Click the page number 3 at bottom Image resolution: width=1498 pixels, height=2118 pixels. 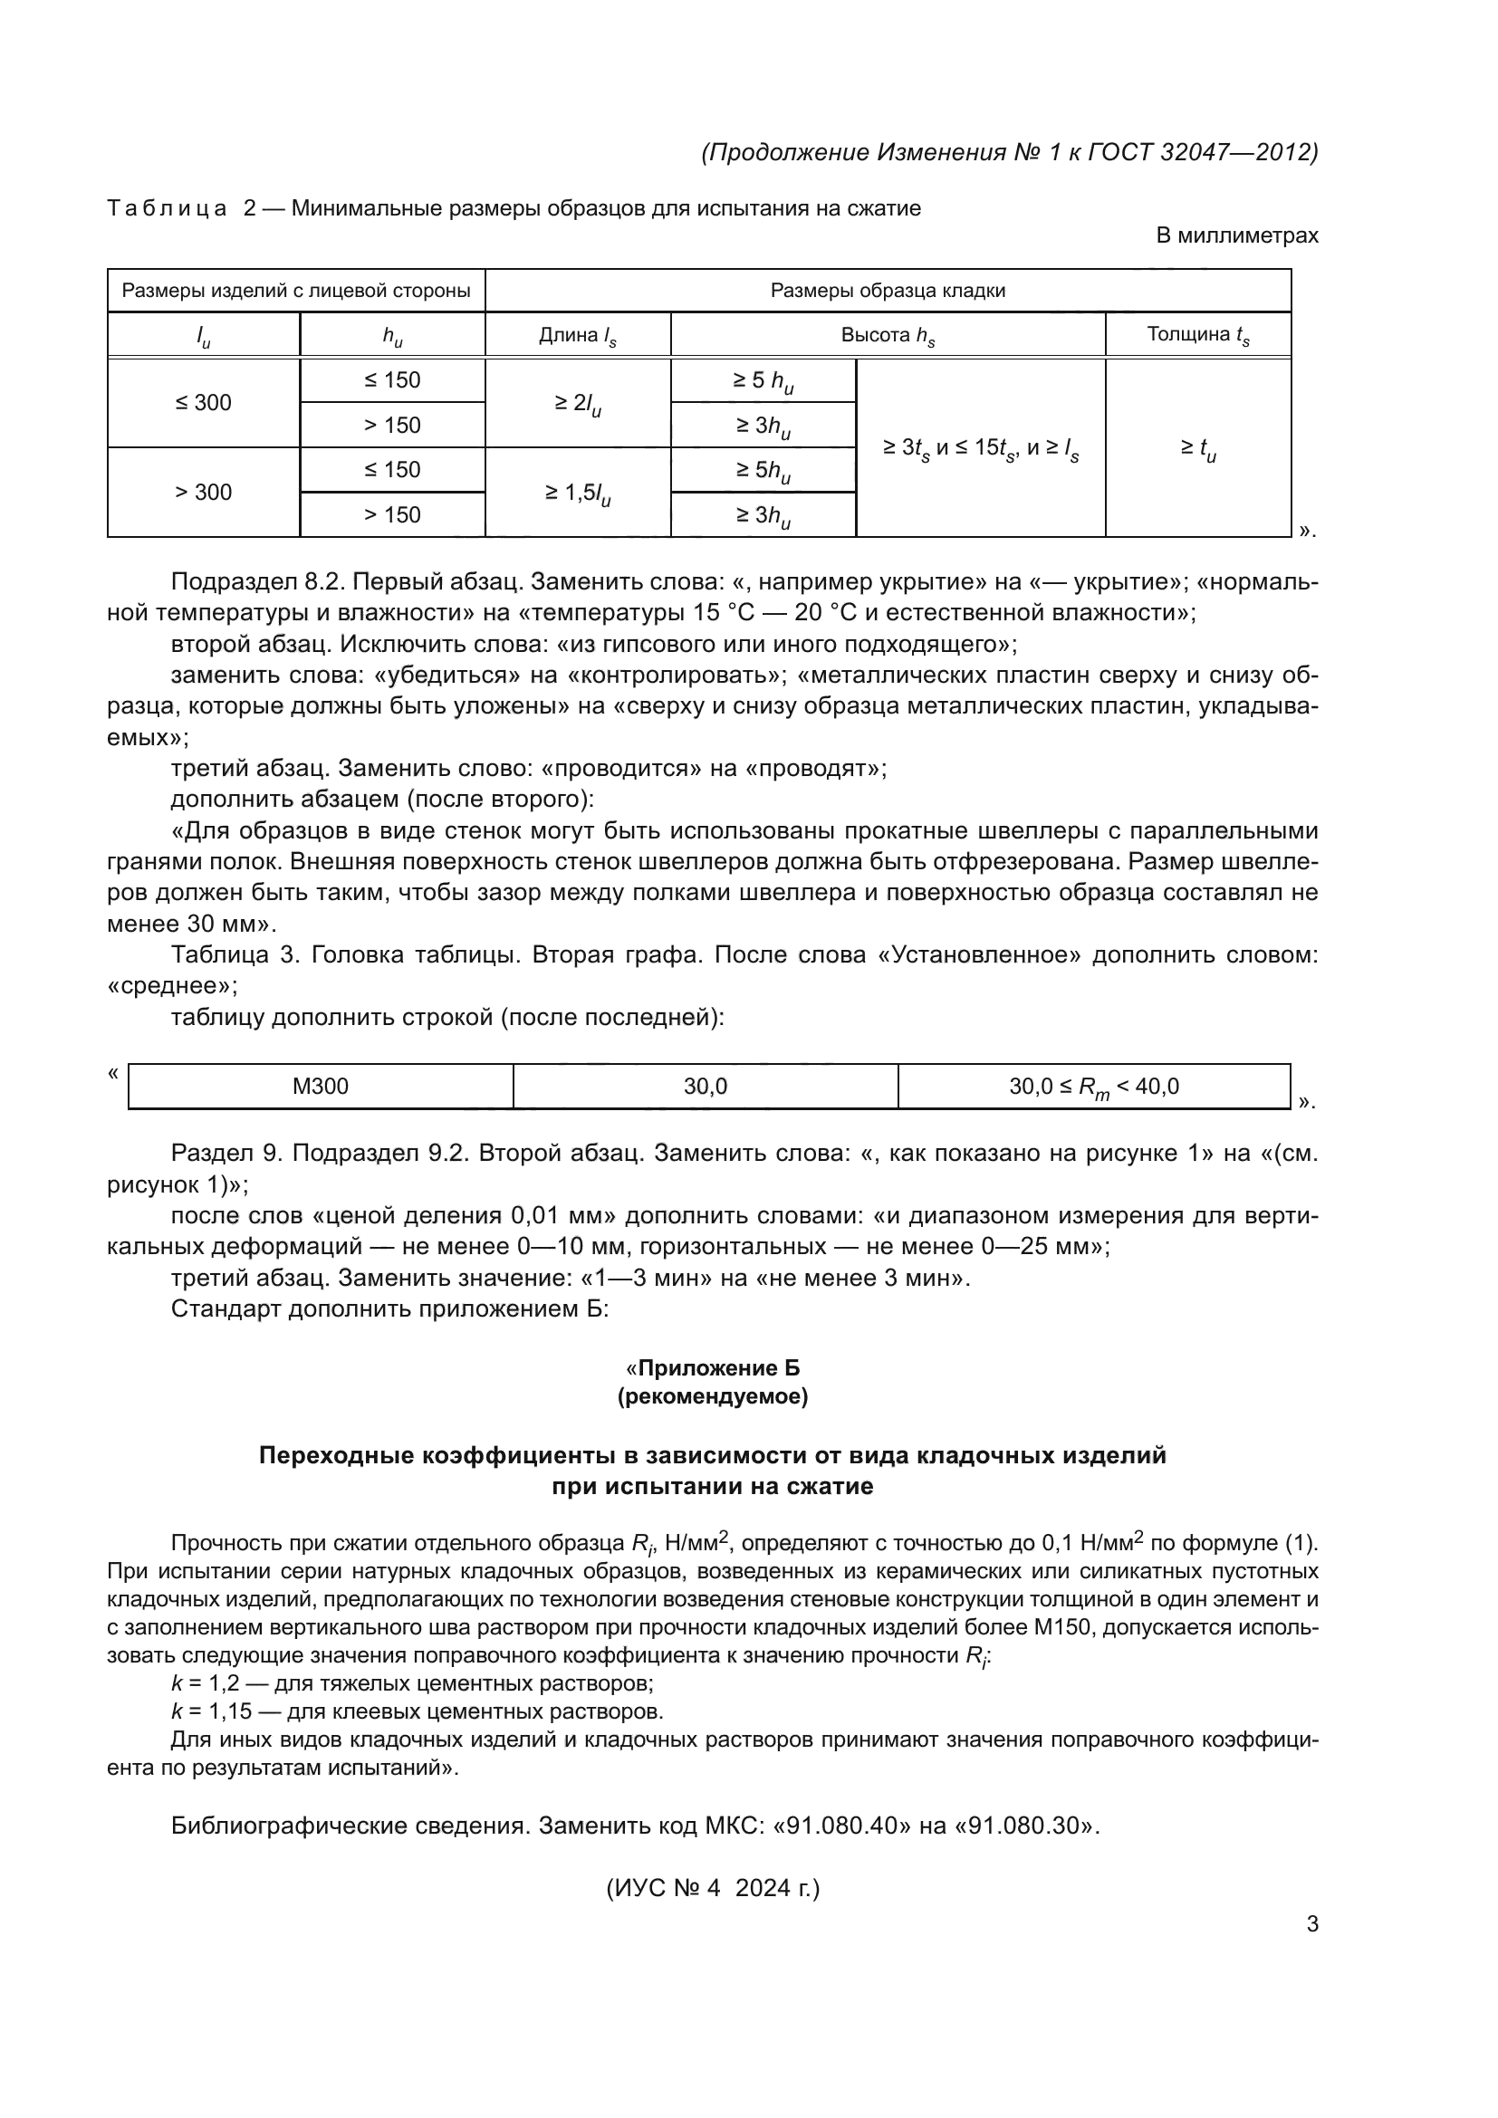(x=1311, y=1924)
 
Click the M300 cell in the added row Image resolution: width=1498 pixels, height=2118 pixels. (x=320, y=1087)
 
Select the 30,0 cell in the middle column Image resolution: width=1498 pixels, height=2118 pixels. (x=705, y=1087)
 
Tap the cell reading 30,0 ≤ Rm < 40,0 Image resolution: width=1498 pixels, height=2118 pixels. (x=1093, y=1087)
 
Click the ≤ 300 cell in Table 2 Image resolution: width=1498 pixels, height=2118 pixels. (x=203, y=402)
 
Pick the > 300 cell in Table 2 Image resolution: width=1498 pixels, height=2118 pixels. (x=203, y=492)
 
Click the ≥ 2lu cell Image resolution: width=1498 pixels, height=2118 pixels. (x=578, y=403)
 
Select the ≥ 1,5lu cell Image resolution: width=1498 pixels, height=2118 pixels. (x=578, y=493)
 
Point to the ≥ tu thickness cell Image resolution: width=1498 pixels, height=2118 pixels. (x=1197, y=448)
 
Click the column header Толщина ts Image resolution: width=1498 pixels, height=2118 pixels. (x=1197, y=335)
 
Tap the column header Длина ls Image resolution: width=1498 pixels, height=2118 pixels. (x=578, y=335)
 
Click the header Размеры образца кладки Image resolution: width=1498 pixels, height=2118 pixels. (x=888, y=291)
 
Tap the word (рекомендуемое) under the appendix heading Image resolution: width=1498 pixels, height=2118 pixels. (x=712, y=1396)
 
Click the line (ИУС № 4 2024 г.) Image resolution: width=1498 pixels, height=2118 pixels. (x=712, y=1888)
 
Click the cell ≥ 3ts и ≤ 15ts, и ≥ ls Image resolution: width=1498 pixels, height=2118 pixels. (x=980, y=448)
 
